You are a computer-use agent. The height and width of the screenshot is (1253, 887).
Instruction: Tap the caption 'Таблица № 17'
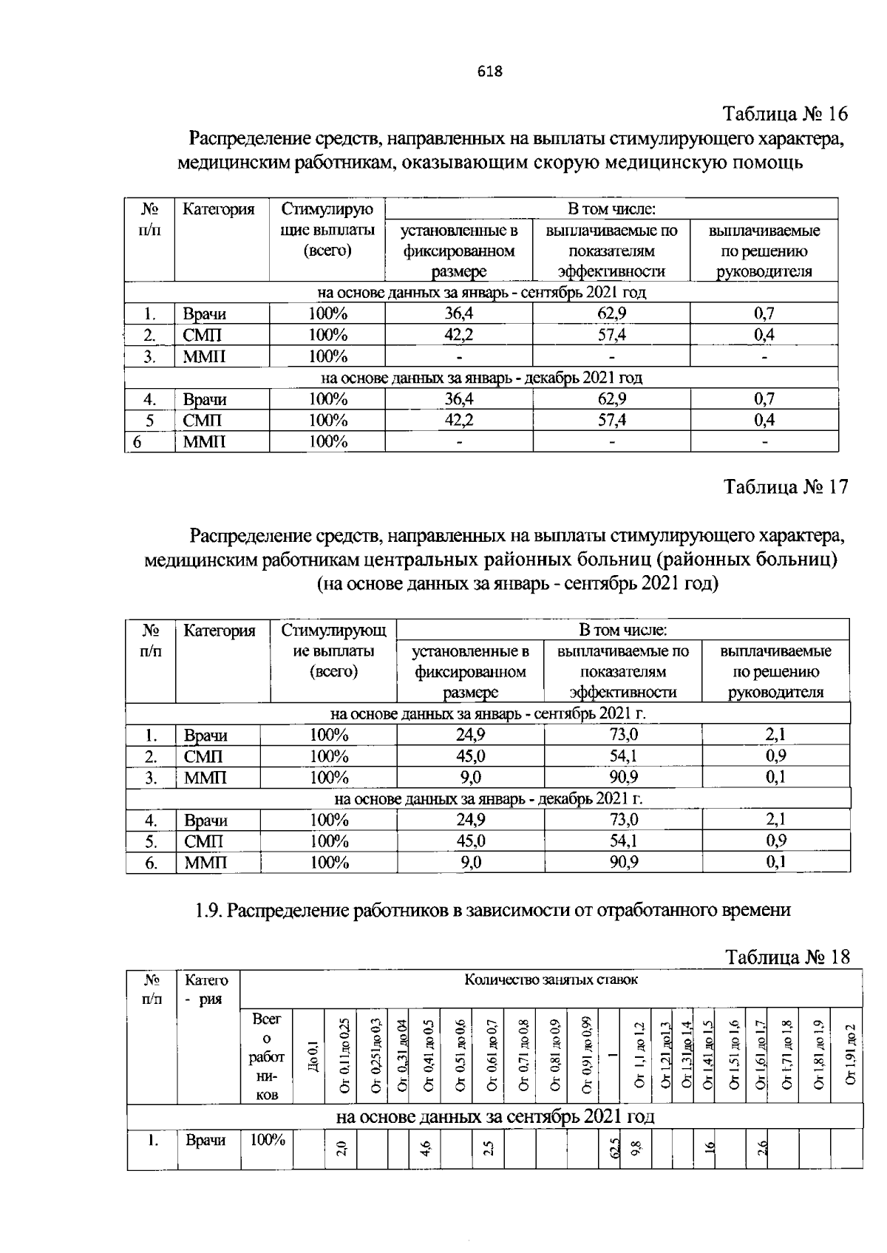click(786, 487)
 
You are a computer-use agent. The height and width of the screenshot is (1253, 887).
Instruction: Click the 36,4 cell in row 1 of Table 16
click(458, 313)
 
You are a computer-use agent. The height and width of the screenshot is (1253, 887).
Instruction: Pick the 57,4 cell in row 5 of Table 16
click(611, 421)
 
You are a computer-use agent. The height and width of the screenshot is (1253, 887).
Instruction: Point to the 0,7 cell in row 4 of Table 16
click(764, 399)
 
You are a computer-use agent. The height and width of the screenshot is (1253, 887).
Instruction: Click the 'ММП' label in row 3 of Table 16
click(205, 357)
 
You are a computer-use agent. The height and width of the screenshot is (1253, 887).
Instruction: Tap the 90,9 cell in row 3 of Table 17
click(623, 778)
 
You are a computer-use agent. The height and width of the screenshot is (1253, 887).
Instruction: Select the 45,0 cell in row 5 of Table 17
click(470, 841)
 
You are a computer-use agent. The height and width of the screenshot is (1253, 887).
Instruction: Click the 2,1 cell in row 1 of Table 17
click(775, 735)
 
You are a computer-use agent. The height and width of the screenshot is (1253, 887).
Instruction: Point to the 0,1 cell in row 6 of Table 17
click(775, 862)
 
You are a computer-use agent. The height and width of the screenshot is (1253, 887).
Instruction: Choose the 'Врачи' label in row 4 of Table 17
click(205, 821)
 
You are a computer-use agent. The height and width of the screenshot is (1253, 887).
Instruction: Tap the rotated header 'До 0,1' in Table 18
click(313, 1055)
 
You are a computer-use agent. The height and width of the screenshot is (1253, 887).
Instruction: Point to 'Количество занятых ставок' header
click(551, 980)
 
